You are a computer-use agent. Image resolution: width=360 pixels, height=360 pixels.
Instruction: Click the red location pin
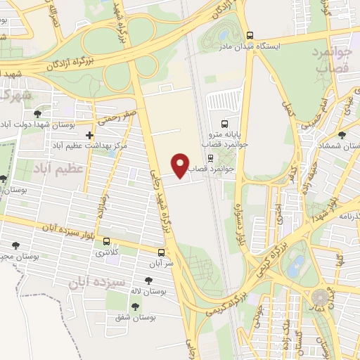point(181,165)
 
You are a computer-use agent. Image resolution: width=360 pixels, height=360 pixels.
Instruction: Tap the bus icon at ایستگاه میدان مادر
point(250,36)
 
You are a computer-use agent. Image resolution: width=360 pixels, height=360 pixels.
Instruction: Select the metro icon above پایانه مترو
point(224,122)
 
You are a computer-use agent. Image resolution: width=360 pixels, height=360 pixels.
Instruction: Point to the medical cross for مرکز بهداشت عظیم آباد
point(89,135)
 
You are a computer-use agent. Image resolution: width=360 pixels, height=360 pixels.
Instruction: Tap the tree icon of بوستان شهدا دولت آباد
point(37,112)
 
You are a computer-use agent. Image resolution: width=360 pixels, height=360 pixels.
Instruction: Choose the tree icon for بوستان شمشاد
point(342,134)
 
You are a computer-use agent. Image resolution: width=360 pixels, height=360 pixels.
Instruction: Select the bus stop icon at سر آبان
point(162,252)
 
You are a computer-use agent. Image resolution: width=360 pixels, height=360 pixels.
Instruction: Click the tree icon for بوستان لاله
point(148,280)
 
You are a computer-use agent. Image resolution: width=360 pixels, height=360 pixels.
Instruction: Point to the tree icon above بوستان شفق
point(134,306)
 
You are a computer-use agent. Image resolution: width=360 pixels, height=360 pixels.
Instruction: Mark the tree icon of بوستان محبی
point(15,245)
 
